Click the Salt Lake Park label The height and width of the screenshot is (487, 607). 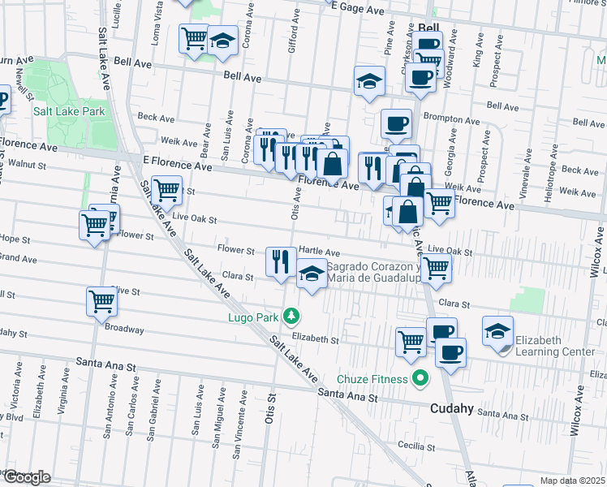pos(70,111)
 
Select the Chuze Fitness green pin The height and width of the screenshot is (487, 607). pos(420,377)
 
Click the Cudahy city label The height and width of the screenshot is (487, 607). pos(452,409)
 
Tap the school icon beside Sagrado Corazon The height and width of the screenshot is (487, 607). pos(312,274)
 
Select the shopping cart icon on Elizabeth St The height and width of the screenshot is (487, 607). pos(411,340)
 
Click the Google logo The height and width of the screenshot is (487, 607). pos(26,477)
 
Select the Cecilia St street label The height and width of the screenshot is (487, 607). pos(416,446)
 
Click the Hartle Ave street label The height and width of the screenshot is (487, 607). pos(320,252)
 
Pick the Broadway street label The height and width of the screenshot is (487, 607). pos(124,330)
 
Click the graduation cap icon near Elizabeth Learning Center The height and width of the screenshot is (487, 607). pos(497,330)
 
